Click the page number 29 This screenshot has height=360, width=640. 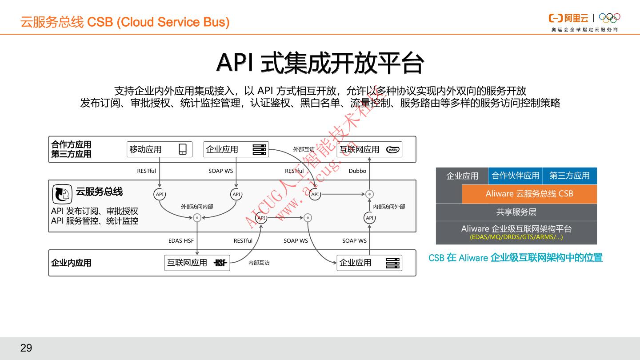(x=26, y=348)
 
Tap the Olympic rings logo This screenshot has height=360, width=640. (x=609, y=18)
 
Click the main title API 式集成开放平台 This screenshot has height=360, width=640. (x=320, y=63)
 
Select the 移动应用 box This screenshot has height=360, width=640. (x=160, y=149)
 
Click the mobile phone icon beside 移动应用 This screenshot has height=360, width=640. (x=183, y=149)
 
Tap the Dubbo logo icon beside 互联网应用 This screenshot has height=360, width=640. (x=392, y=150)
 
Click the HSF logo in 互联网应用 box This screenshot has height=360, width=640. (x=220, y=263)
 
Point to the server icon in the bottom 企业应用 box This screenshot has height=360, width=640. (x=392, y=263)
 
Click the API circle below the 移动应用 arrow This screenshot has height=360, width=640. (x=160, y=194)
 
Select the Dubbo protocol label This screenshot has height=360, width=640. (x=357, y=171)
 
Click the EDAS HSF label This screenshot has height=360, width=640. (x=181, y=241)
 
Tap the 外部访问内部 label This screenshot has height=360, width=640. (x=197, y=207)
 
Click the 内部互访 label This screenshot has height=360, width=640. (x=259, y=263)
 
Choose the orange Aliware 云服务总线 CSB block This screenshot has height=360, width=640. (x=529, y=194)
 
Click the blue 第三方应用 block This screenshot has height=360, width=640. (x=569, y=176)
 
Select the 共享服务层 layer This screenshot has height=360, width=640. (x=516, y=212)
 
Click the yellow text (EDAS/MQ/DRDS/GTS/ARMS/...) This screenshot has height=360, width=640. (x=516, y=237)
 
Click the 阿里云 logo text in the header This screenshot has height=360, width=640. (x=576, y=18)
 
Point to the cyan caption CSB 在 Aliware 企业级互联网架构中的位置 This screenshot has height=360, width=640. (x=516, y=258)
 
